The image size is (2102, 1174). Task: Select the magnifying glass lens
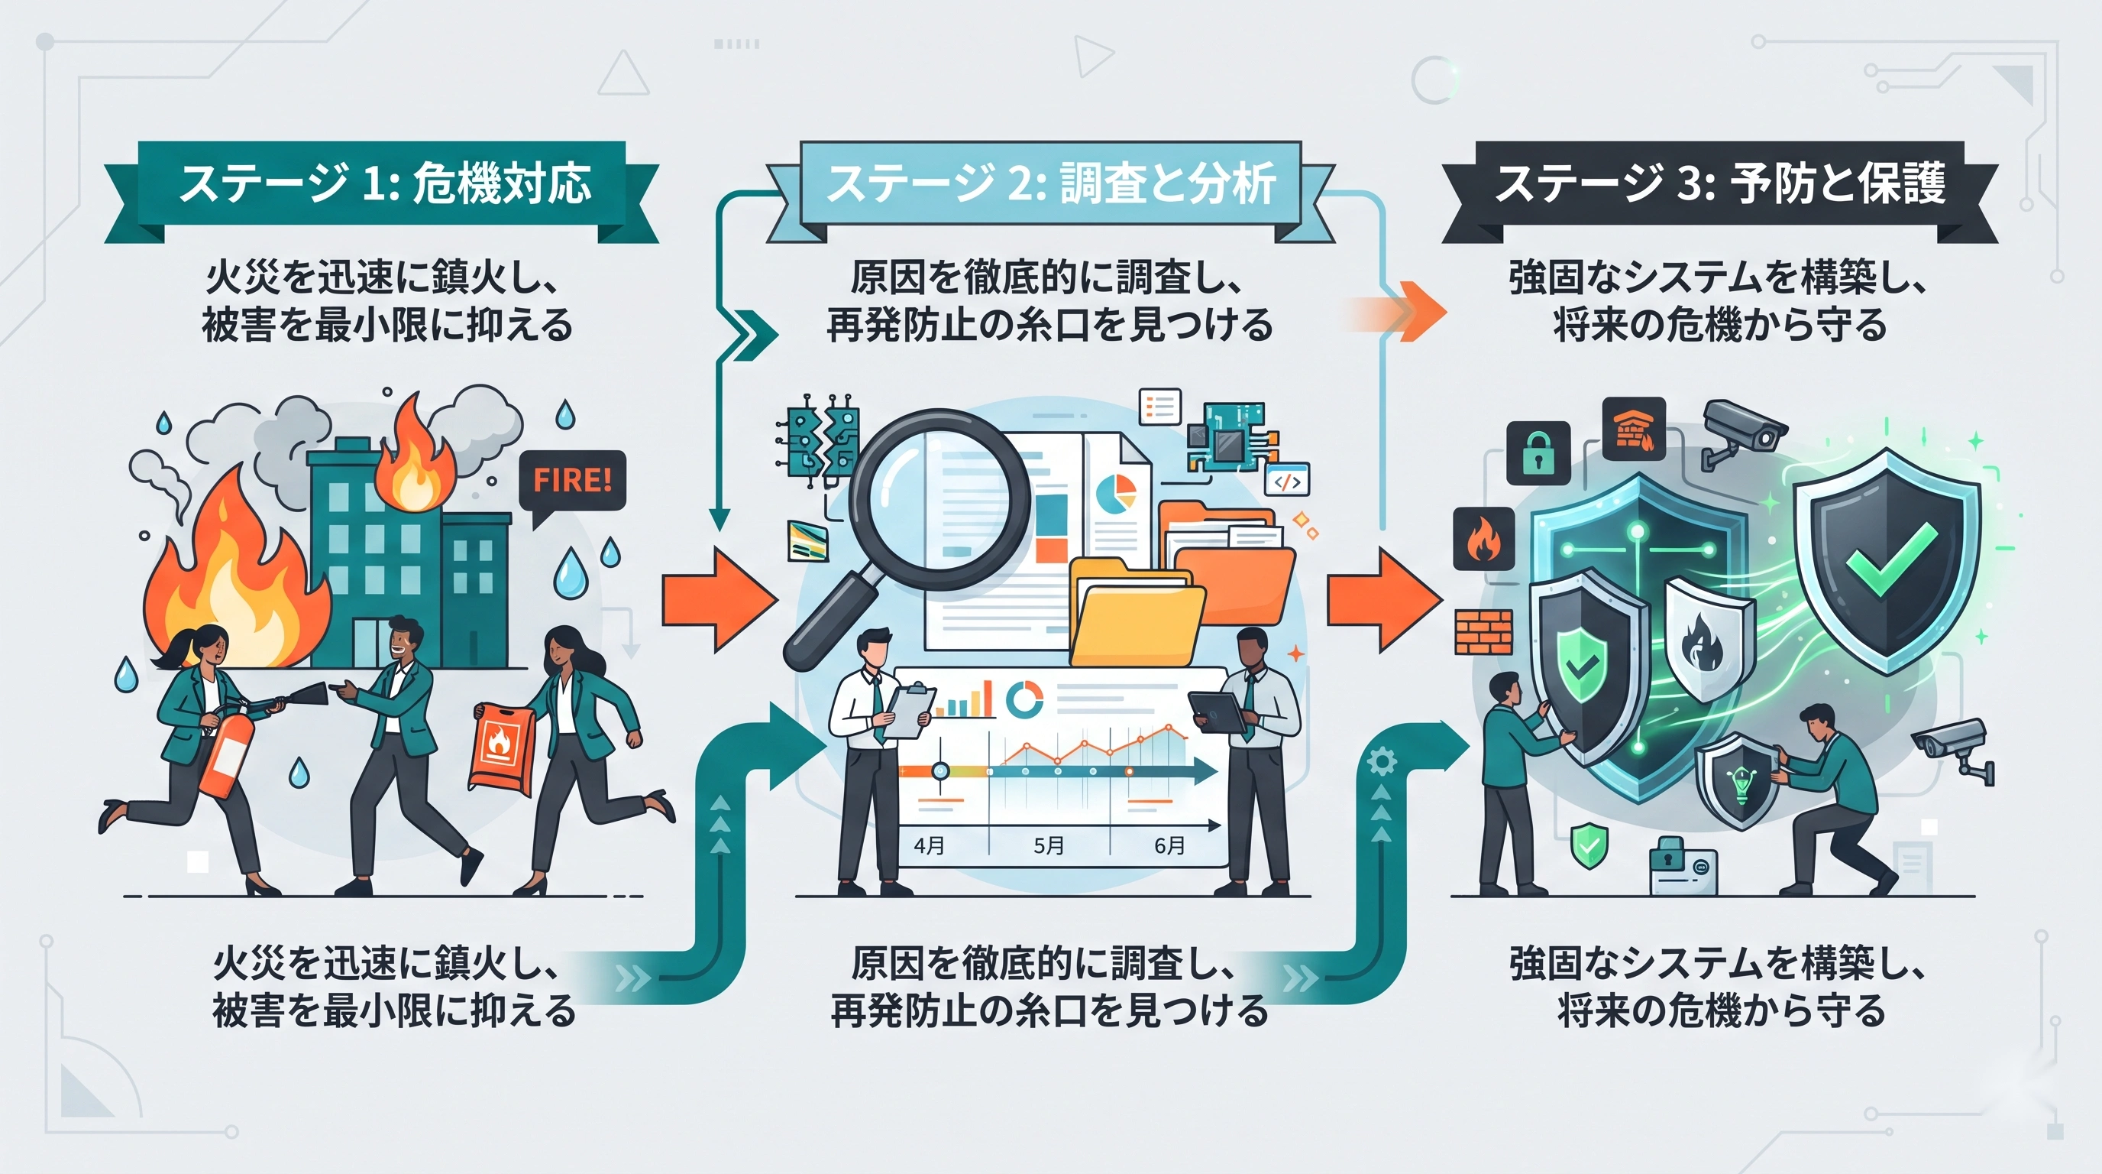tap(939, 499)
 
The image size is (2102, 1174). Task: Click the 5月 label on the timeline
tap(1049, 845)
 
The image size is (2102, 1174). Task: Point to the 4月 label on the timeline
tap(929, 845)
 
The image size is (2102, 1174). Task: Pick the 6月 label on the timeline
tap(1169, 845)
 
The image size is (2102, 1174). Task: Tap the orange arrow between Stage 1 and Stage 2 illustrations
tap(719, 598)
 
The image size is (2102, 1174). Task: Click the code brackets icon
tap(1287, 481)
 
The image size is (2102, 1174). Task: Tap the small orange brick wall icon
tap(1483, 632)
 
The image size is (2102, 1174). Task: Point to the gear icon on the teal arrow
tap(1381, 763)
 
